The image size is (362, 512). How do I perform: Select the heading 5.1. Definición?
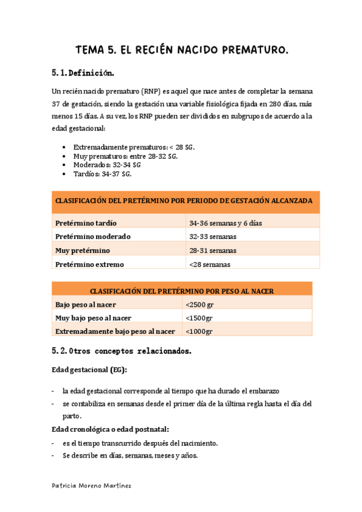[x=83, y=73]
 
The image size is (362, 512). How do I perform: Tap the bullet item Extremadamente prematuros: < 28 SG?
[x=134, y=147]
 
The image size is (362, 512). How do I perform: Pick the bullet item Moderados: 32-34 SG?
[x=106, y=164]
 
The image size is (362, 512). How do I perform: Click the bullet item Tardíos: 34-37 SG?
[x=102, y=173]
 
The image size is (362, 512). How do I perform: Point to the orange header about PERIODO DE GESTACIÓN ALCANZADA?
[x=184, y=200]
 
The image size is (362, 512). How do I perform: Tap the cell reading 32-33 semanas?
[x=212, y=236]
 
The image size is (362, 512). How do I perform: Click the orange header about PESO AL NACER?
[x=182, y=290]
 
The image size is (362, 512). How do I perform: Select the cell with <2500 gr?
[x=199, y=304]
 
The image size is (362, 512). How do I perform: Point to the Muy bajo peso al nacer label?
[x=93, y=318]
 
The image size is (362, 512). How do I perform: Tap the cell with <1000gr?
[x=199, y=331]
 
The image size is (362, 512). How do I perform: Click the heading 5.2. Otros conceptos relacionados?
[x=122, y=350]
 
